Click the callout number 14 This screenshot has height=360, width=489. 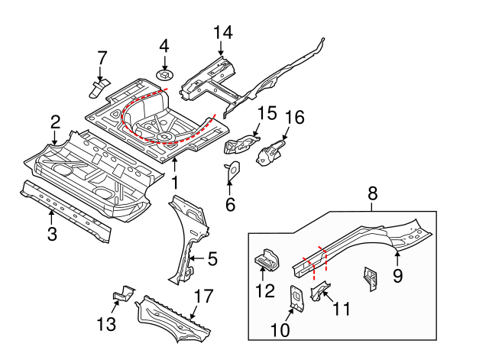click(222, 32)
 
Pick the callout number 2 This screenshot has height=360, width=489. click(55, 121)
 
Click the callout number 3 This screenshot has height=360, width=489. click(52, 234)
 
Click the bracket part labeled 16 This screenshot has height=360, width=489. click(274, 150)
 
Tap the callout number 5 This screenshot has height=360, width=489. click(212, 259)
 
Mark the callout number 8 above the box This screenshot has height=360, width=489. click(373, 194)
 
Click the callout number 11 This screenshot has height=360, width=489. click(342, 309)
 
